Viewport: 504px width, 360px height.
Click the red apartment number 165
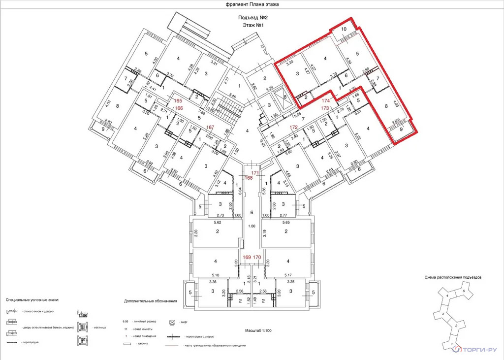tap(178, 100)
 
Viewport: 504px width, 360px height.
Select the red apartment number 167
tap(210, 127)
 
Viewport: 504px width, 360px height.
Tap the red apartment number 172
tap(293, 128)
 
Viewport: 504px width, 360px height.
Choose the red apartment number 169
tap(247, 257)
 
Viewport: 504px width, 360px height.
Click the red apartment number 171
tap(255, 172)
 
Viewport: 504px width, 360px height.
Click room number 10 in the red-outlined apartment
tap(344, 30)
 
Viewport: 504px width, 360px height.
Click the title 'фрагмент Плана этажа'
tap(252, 4)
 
